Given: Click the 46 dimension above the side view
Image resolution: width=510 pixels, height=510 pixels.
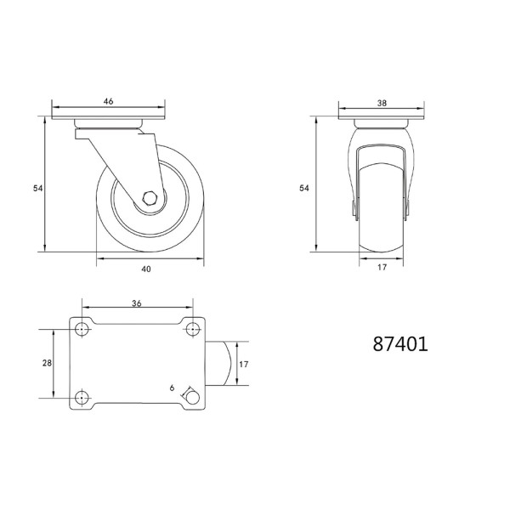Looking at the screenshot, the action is (108, 101).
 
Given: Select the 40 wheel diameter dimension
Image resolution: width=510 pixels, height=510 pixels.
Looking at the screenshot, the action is (146, 269).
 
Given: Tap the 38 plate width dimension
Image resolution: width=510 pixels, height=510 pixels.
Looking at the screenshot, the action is (382, 103).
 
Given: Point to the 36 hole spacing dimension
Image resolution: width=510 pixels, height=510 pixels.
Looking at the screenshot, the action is (137, 303).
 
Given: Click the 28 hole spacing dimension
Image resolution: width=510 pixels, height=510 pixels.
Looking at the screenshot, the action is (47, 363).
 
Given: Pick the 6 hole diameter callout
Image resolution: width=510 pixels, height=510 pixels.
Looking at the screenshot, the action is (172, 388).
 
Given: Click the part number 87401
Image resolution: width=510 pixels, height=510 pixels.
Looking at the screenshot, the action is (400, 344).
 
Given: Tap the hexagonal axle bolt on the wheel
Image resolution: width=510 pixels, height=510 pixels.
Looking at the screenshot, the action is (150, 198).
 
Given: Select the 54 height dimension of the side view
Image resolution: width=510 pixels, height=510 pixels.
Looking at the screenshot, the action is (38, 188).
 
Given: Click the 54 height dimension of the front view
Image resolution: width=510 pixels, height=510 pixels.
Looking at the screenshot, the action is (304, 188).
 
